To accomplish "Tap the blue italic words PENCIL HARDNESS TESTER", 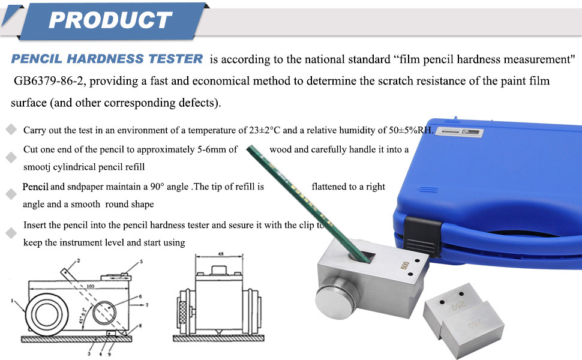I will (x=107, y=59).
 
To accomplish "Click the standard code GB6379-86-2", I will (x=51, y=80).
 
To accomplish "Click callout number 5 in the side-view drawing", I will (x=142, y=262).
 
